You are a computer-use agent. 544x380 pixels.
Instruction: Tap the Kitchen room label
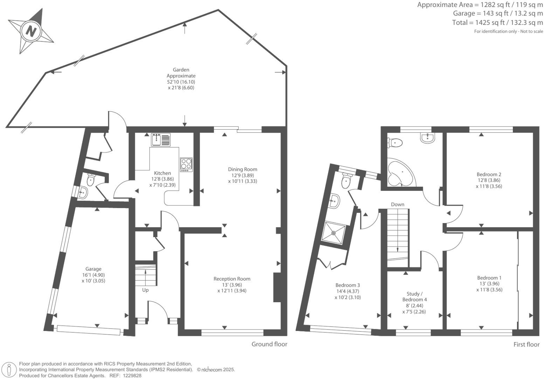pyautogui.click(x=163, y=173)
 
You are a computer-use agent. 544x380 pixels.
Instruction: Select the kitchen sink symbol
pyautogui.click(x=161, y=139)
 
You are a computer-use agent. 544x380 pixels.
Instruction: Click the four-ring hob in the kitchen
pyautogui.click(x=186, y=164)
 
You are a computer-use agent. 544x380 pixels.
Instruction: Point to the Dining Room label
pyautogui.click(x=242, y=170)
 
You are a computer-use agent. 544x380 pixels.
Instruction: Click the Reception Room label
pyautogui.click(x=232, y=279)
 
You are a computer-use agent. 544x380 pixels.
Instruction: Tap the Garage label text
pyautogui.click(x=93, y=269)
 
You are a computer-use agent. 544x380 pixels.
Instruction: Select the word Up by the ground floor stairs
pyautogui.click(x=145, y=290)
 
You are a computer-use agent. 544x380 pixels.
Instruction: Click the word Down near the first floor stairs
pyautogui.click(x=397, y=205)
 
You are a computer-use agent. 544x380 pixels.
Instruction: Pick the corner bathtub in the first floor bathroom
pyautogui.click(x=399, y=174)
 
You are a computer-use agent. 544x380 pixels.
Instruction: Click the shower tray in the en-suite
pyautogui.click(x=333, y=232)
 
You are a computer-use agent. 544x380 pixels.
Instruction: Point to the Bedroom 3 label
pyautogui.click(x=347, y=285)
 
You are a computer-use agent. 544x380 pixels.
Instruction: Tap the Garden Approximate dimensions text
pyautogui.click(x=181, y=79)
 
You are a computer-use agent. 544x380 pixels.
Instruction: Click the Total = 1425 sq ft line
pyautogui.click(x=497, y=23)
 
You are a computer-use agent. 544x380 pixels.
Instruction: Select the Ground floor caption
pyautogui.click(x=269, y=344)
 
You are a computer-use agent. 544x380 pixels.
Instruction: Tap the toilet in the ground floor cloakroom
pyautogui.click(x=91, y=180)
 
